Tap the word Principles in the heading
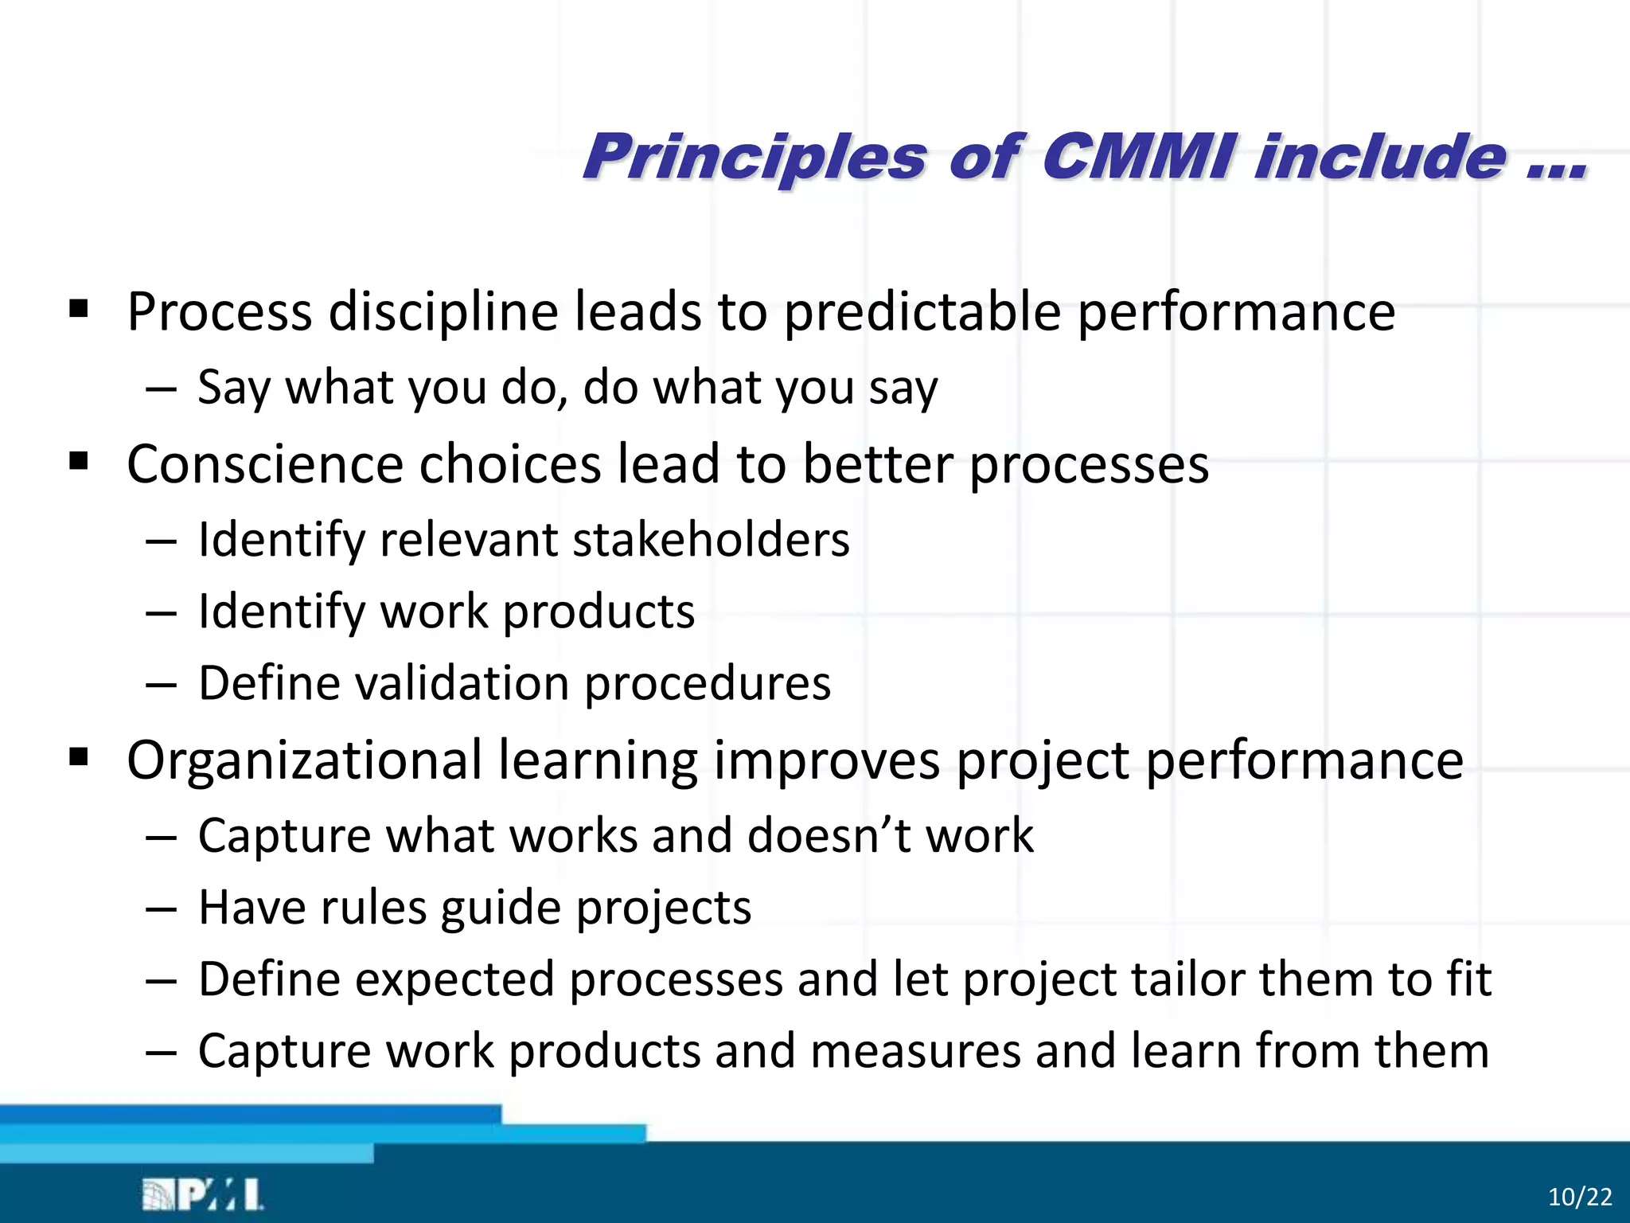click(x=755, y=158)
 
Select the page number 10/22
click(x=1580, y=1197)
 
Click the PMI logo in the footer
click(x=203, y=1195)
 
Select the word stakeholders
click(x=711, y=539)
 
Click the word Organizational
click(x=304, y=760)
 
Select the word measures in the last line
click(x=915, y=1050)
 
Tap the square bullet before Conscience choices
click(x=78, y=461)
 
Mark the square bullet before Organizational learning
click(x=78, y=757)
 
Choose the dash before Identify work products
click(x=161, y=613)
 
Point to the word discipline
click(x=443, y=311)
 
